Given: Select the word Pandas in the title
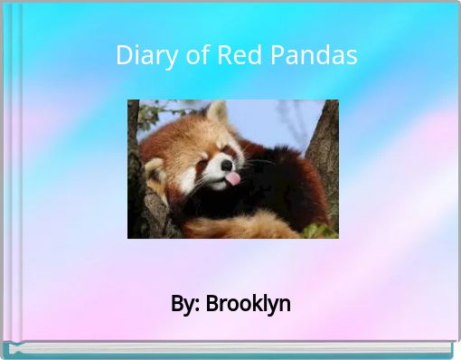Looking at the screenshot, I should [310, 55].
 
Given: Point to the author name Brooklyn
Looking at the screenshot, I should [249, 304].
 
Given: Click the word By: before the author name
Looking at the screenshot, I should [185, 304].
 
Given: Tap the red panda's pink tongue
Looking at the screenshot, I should [232, 178].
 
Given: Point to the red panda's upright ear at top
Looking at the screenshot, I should [217, 113].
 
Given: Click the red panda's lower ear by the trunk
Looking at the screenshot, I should [155, 170].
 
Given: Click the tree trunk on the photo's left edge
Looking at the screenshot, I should [136, 181].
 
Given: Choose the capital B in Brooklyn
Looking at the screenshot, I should [212, 304].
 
